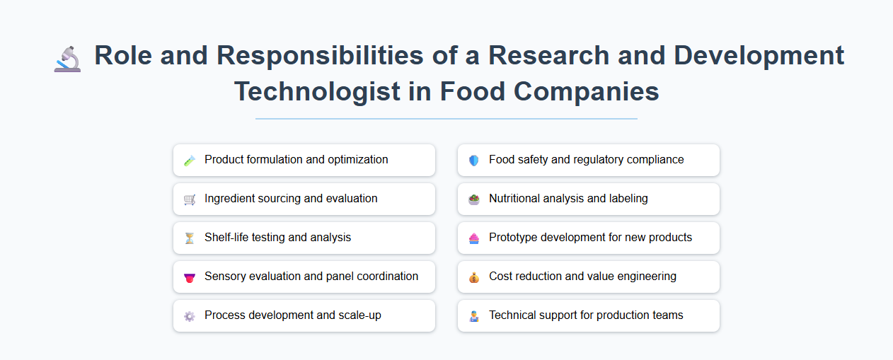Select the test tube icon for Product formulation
(x=189, y=161)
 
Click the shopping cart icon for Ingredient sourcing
(x=189, y=199)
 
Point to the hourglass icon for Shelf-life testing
(x=189, y=238)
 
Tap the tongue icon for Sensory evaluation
(x=189, y=277)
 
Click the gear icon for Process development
(x=189, y=316)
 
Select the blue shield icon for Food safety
(x=473, y=161)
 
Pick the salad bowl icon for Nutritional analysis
(x=473, y=199)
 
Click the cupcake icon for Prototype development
(x=473, y=238)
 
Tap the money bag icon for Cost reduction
(x=473, y=277)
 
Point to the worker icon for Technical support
(x=473, y=316)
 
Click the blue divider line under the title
(x=446, y=119)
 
